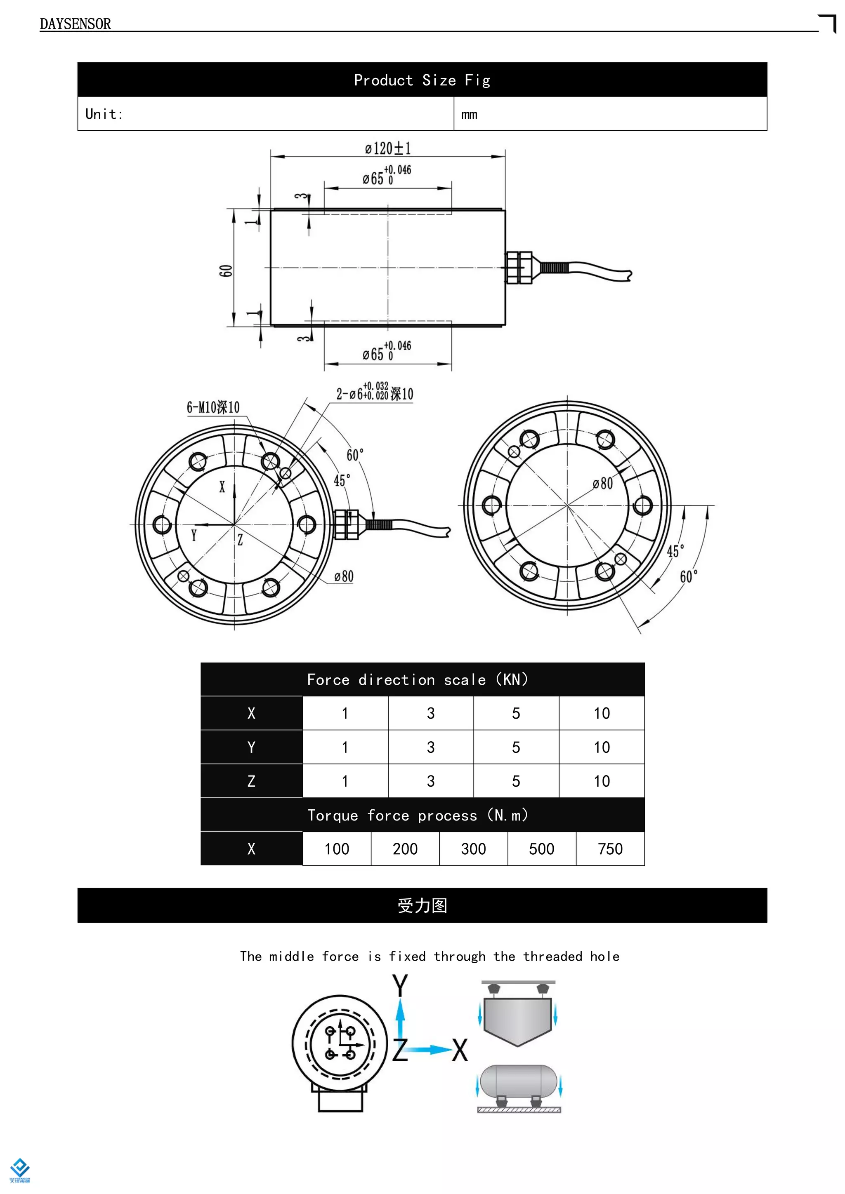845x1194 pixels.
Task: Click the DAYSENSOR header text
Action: pos(75,24)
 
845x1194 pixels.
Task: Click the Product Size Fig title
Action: pos(422,80)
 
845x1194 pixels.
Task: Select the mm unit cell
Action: pos(469,114)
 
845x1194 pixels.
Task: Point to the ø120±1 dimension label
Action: pos(388,149)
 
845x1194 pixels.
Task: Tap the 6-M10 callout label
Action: pos(213,407)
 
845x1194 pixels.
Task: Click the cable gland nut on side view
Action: pos(519,268)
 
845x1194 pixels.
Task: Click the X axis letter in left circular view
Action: pos(222,487)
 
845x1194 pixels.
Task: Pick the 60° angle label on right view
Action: pos(688,576)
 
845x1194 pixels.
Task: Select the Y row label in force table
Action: pos(251,747)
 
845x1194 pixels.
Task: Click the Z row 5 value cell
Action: pos(516,781)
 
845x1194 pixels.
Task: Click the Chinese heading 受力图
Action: pos(422,905)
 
